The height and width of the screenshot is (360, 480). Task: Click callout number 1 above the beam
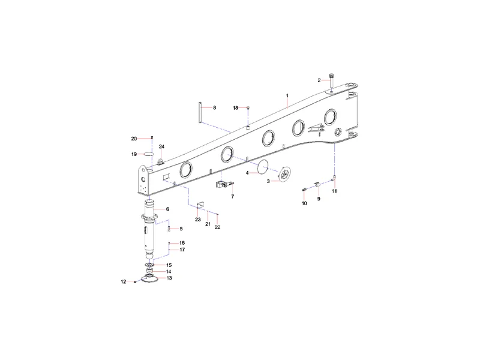[287, 96]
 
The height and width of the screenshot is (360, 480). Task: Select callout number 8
[215, 108]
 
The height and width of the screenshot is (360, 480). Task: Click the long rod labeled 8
[199, 113]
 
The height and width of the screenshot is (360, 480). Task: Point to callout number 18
[235, 108]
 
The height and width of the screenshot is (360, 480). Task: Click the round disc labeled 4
[262, 167]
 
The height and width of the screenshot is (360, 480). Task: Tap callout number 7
[233, 197]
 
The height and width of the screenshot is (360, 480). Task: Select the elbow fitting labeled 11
[334, 178]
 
